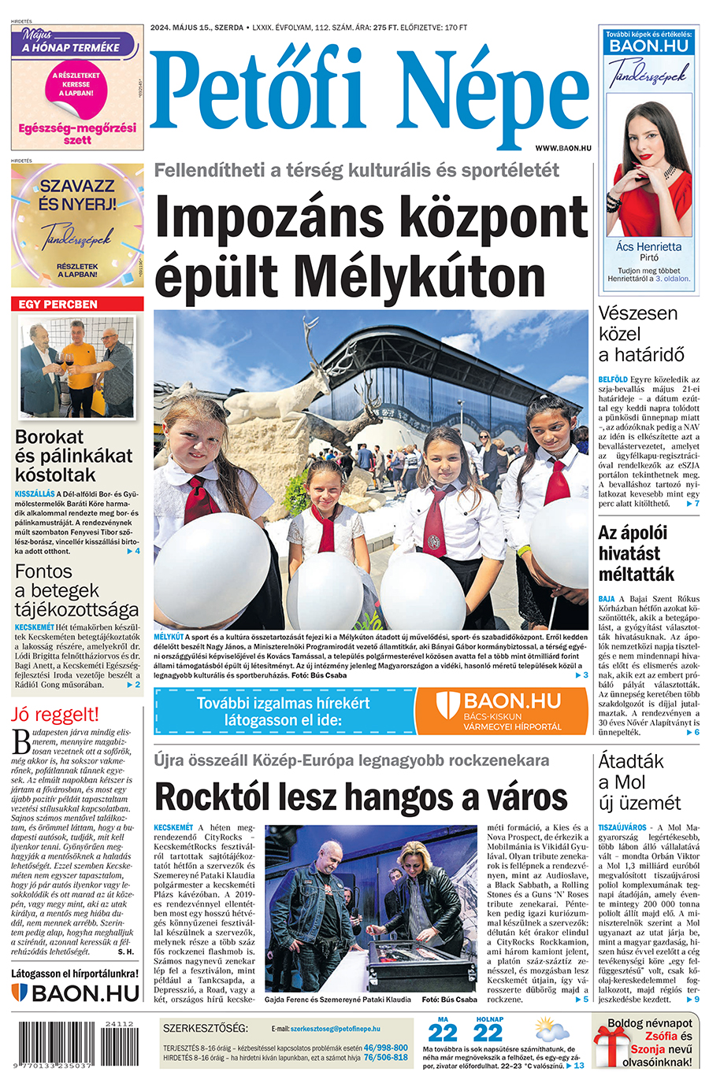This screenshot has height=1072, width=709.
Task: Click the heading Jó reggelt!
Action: coord(55,715)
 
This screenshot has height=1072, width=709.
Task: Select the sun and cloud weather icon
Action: coord(551,1030)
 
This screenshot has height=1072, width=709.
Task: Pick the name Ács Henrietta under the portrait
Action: coord(648,246)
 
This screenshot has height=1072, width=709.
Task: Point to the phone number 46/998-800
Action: coord(385,1048)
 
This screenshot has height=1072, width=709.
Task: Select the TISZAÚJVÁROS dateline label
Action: coord(622,828)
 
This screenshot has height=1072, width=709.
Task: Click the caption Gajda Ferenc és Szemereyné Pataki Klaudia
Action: coord(337,1000)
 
